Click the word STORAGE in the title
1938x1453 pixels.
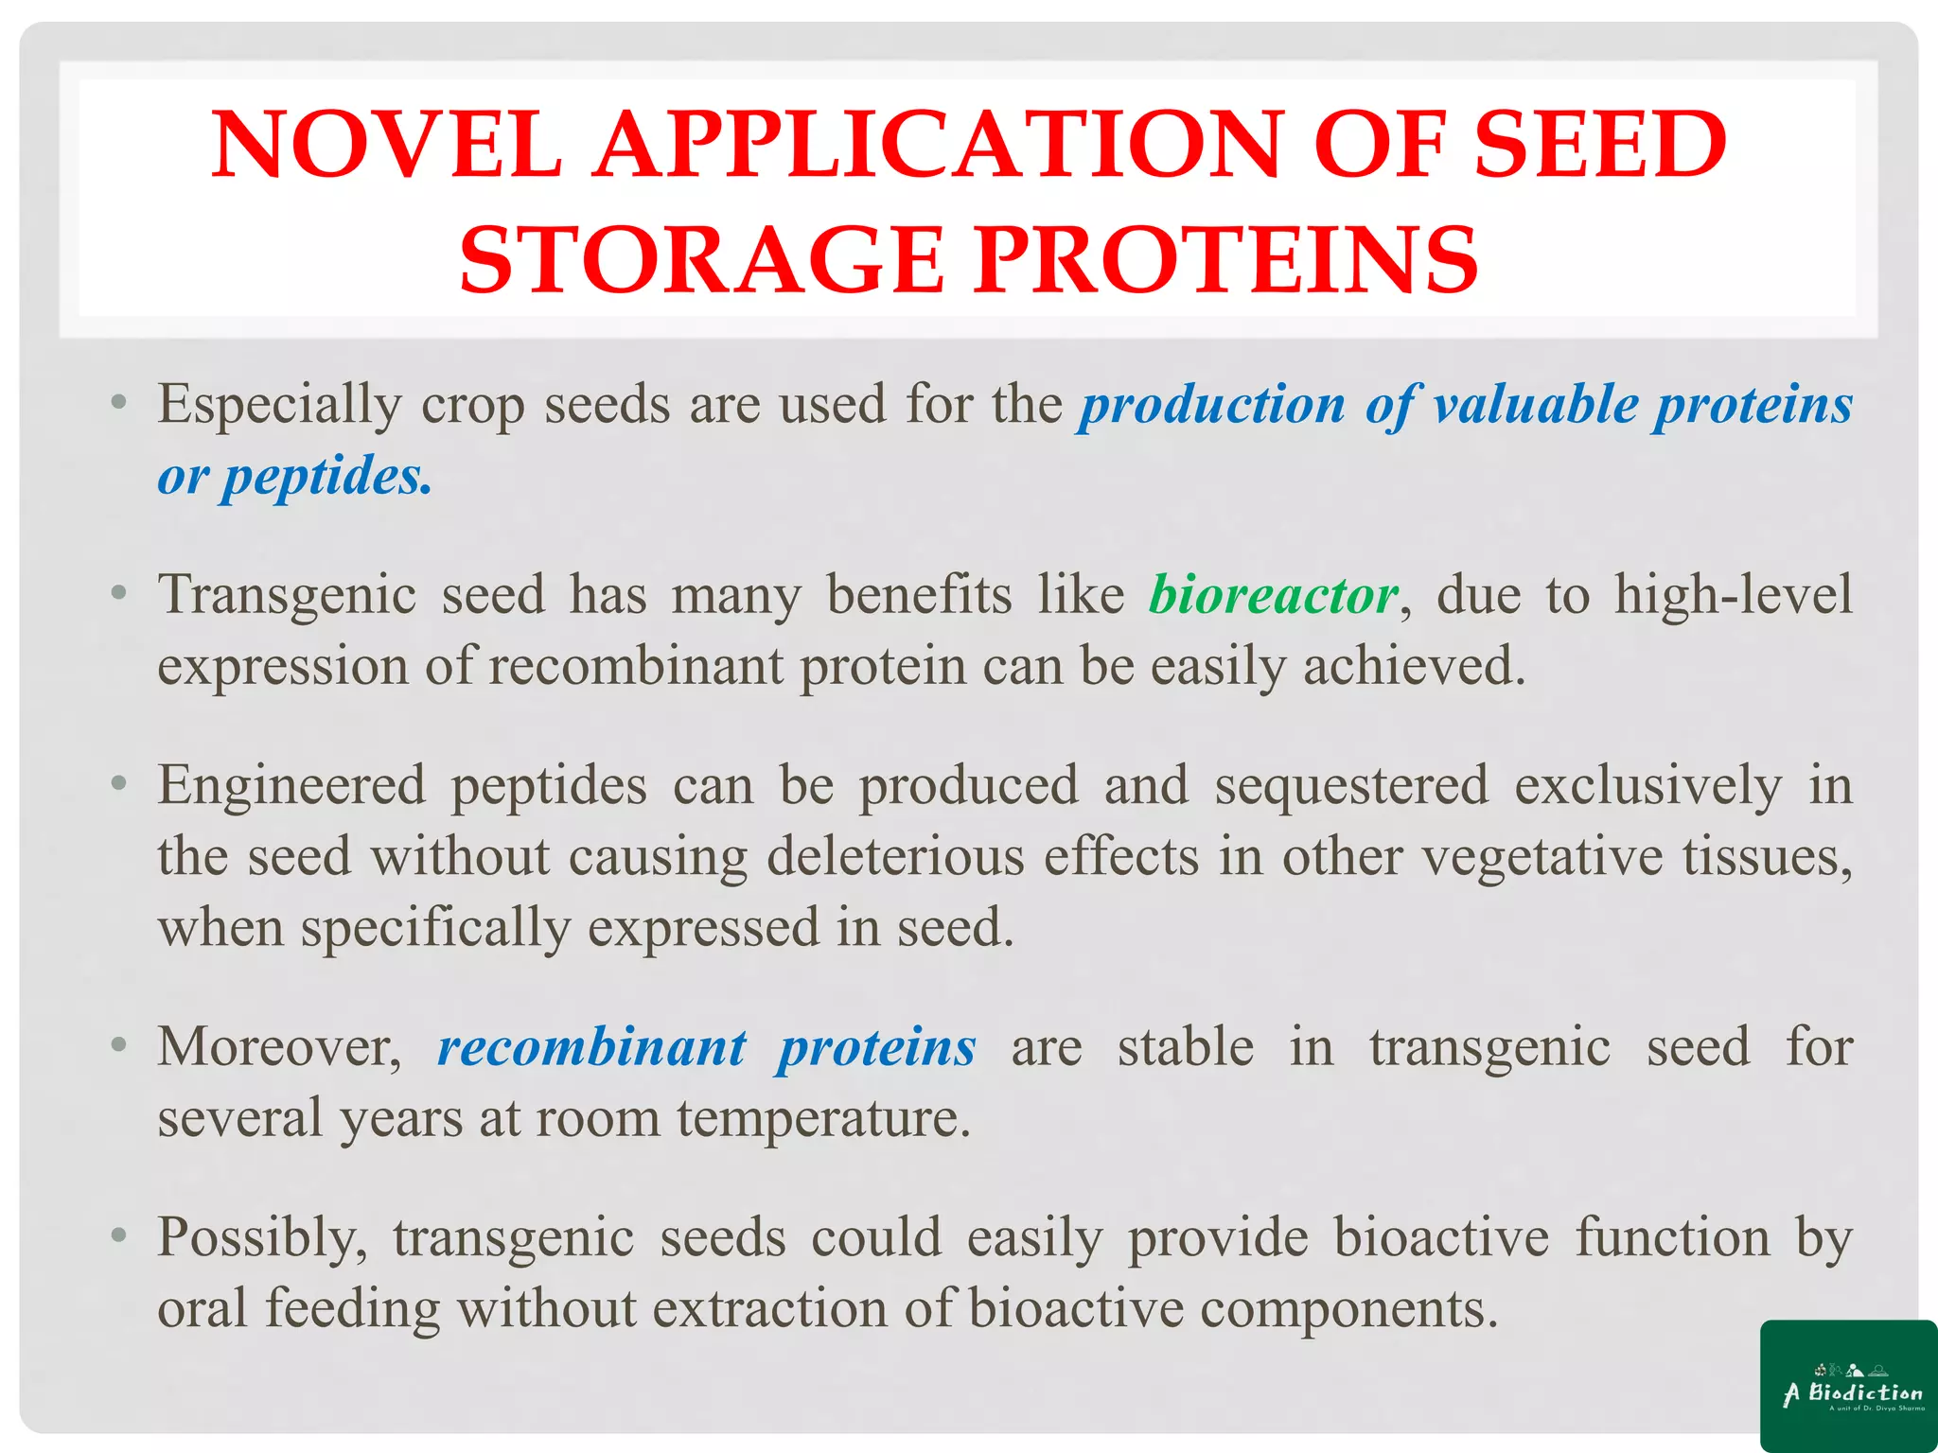(x=701, y=260)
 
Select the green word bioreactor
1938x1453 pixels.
(x=1273, y=596)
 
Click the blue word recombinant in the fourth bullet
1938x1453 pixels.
(x=591, y=1048)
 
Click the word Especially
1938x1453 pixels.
(x=279, y=405)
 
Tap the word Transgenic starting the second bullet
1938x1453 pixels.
(x=287, y=596)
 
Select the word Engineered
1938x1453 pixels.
(x=291, y=786)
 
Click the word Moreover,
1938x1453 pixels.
(x=280, y=1048)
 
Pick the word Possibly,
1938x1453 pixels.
(x=262, y=1238)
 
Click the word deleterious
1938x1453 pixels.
(x=894, y=857)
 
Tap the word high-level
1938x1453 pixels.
(x=1733, y=596)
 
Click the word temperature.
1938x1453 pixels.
(x=823, y=1119)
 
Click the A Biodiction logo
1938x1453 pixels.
(x=1848, y=1385)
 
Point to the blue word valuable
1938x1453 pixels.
(x=1535, y=405)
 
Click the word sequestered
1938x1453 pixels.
(x=1351, y=786)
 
